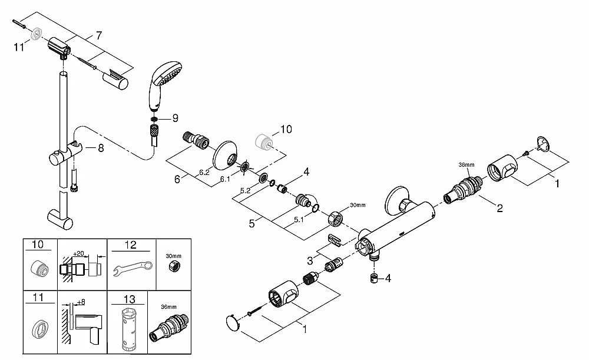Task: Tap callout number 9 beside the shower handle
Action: point(174,118)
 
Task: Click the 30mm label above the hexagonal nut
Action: point(358,205)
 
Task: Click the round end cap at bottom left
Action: point(234,324)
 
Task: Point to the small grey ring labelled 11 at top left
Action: point(38,34)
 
